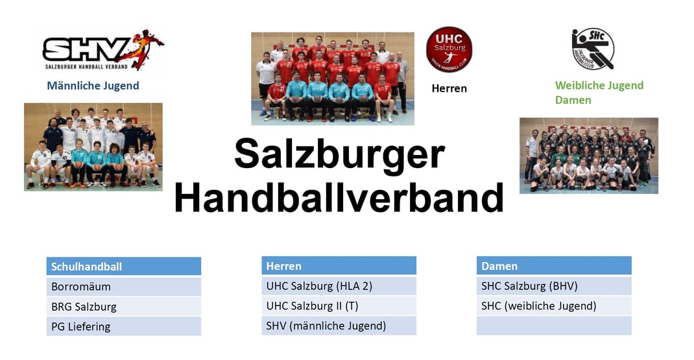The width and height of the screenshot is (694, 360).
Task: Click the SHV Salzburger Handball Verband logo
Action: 103,50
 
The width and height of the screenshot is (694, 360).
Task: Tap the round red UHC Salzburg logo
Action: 449,49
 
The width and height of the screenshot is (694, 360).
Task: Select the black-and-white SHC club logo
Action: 593,49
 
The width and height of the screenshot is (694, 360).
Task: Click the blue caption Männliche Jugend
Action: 93,86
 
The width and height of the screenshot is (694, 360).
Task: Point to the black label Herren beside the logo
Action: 449,89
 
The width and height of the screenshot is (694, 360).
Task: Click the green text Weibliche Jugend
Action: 599,86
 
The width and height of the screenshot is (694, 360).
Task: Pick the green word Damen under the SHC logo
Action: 573,100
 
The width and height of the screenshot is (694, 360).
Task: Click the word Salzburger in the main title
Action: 339,154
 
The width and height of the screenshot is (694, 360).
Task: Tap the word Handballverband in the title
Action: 339,197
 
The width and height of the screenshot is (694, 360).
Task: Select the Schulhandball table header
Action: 124,267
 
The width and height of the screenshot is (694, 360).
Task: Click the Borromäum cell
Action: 124,287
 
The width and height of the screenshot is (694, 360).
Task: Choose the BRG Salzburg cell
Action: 124,306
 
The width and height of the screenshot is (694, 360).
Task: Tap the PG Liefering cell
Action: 124,326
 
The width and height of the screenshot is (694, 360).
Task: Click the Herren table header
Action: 339,266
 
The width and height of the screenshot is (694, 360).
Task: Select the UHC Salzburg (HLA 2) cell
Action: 339,285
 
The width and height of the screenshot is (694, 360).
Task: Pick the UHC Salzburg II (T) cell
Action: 339,306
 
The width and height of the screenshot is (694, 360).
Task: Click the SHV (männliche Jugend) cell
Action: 339,326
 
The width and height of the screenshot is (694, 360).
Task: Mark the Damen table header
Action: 554,266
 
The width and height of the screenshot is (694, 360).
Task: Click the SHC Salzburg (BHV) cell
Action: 554,285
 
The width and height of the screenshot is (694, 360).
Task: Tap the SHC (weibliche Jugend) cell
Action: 554,306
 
